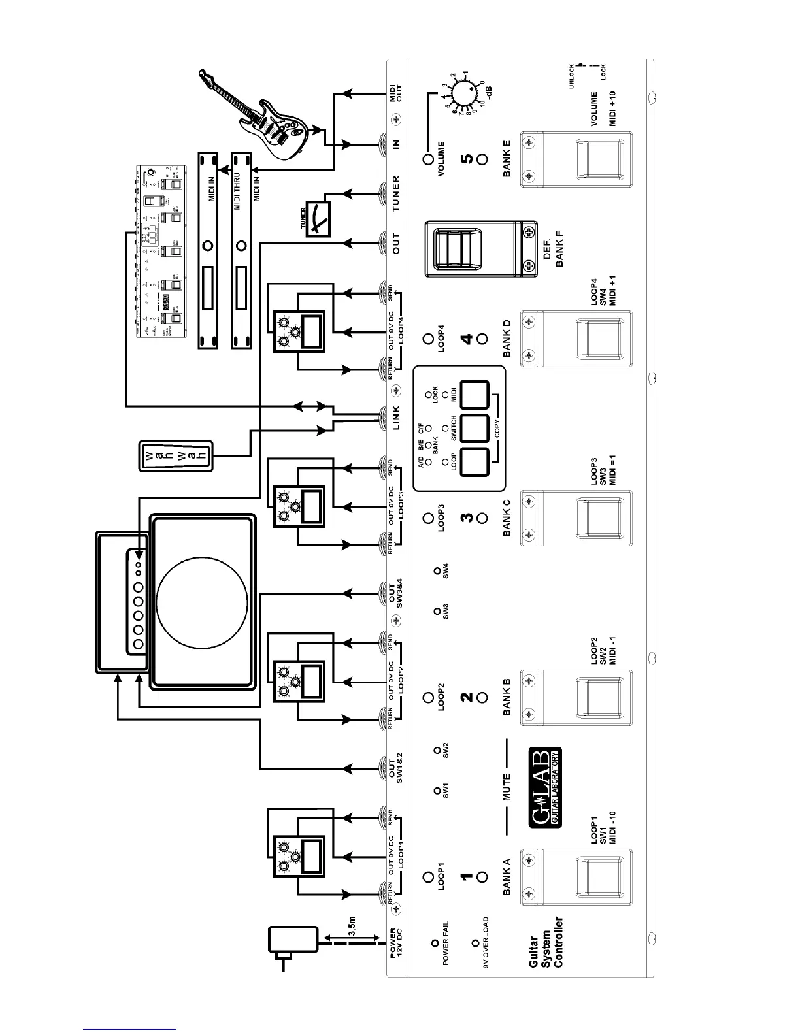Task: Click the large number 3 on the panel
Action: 466,518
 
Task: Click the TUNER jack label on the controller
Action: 395,194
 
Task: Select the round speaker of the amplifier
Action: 202,600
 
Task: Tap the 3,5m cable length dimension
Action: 352,926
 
